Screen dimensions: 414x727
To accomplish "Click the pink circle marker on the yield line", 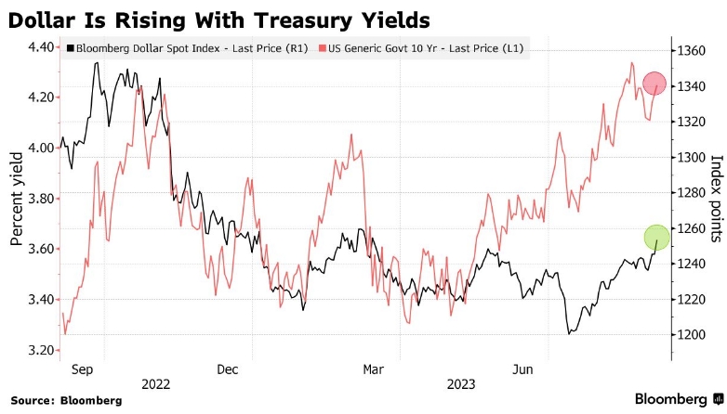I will [654, 84].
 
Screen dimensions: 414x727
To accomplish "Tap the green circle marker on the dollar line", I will [656, 237].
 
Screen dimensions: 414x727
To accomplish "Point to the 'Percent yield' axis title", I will [16, 200].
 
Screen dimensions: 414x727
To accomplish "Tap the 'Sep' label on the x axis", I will [82, 369].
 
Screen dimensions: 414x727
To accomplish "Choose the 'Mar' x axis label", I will [373, 369].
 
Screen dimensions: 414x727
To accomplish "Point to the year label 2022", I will [156, 383].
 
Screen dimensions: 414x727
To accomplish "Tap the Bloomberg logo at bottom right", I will [677, 399].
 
